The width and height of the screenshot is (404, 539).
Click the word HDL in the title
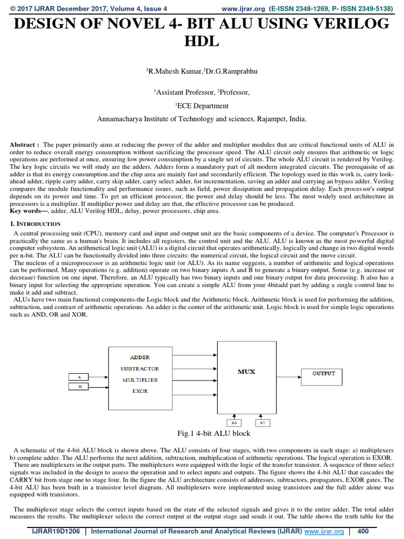201,42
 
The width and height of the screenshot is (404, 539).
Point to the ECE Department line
202,105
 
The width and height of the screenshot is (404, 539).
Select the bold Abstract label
24,144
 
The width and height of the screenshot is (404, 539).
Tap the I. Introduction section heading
36,224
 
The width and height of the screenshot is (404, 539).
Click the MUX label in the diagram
246,372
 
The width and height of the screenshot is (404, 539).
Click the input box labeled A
80,377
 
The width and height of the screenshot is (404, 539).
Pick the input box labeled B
80,387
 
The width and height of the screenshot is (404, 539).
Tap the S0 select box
235,423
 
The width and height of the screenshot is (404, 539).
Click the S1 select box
262,423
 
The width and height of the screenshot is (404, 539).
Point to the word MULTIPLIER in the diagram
139,380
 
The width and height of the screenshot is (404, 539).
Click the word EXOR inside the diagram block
139,391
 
